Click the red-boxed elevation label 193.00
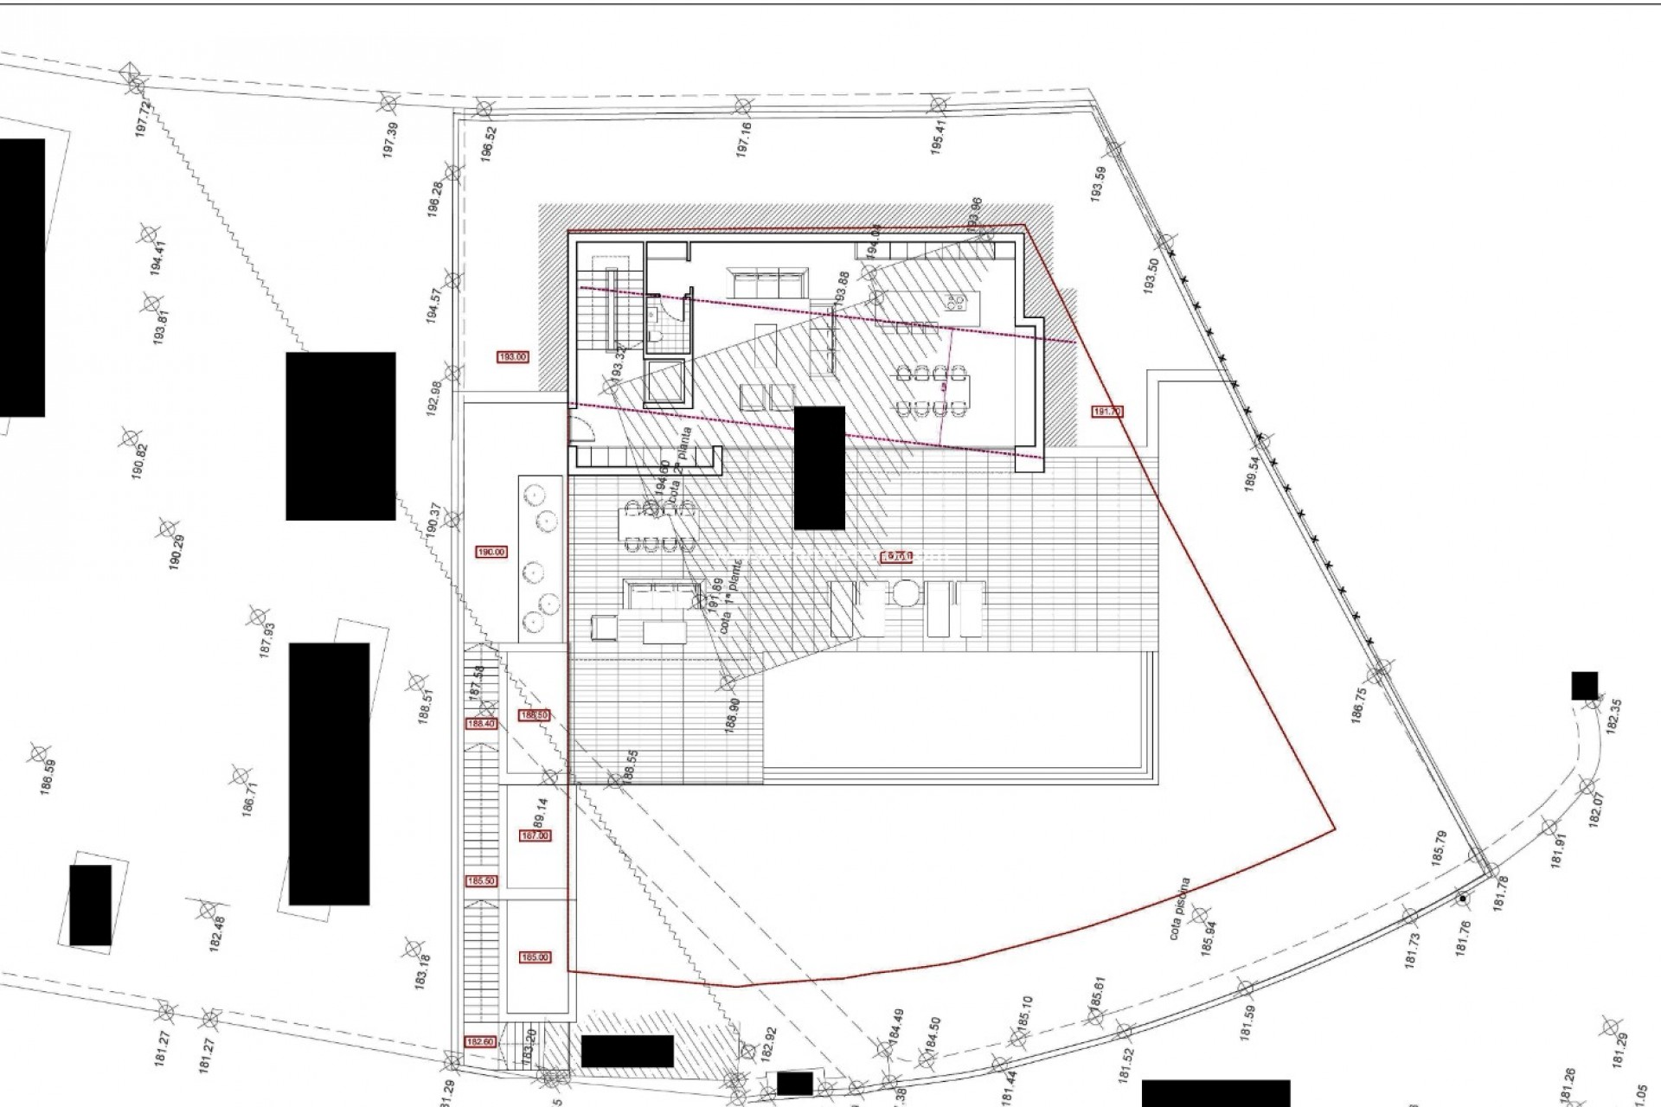[x=512, y=356]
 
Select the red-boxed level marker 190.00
[x=491, y=552]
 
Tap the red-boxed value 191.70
[x=1107, y=412]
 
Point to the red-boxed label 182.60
[x=479, y=1042]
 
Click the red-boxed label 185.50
[x=480, y=881]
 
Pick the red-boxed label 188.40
[x=480, y=724]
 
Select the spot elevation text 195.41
[x=939, y=137]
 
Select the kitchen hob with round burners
[x=956, y=303]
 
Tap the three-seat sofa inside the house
[x=766, y=283]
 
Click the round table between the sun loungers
[x=904, y=596]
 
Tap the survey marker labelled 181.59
[x=1246, y=988]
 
